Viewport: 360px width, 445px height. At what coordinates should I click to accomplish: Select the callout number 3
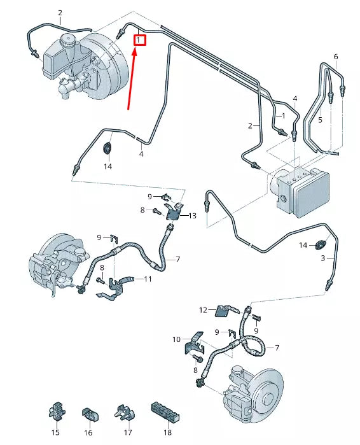(x=322, y=258)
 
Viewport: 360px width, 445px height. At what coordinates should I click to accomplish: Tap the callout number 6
(x=336, y=57)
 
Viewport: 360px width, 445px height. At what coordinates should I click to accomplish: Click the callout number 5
(x=321, y=119)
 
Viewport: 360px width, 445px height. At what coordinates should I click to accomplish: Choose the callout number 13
(x=193, y=216)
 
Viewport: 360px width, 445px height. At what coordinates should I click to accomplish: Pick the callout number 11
(x=148, y=279)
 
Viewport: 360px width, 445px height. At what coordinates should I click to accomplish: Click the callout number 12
(x=203, y=310)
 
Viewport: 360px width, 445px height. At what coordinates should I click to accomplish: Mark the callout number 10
(x=177, y=339)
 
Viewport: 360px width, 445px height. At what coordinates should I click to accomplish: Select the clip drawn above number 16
(x=88, y=414)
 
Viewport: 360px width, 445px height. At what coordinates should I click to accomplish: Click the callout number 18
(x=167, y=432)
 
